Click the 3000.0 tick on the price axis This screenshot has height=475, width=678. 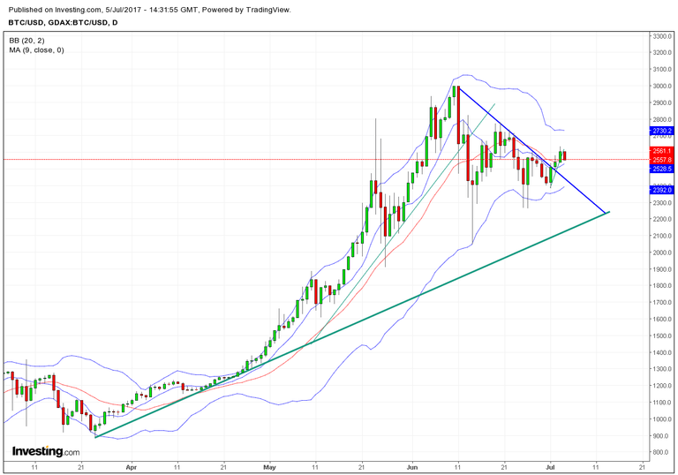(x=663, y=86)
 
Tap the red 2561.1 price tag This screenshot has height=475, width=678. (x=663, y=152)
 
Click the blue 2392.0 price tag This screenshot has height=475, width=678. (x=663, y=190)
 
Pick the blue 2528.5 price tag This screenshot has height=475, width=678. (x=663, y=168)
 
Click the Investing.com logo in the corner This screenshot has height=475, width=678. (x=45, y=451)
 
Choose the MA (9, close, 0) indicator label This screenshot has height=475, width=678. (x=36, y=49)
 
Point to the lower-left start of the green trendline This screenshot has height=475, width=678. (x=95, y=436)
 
